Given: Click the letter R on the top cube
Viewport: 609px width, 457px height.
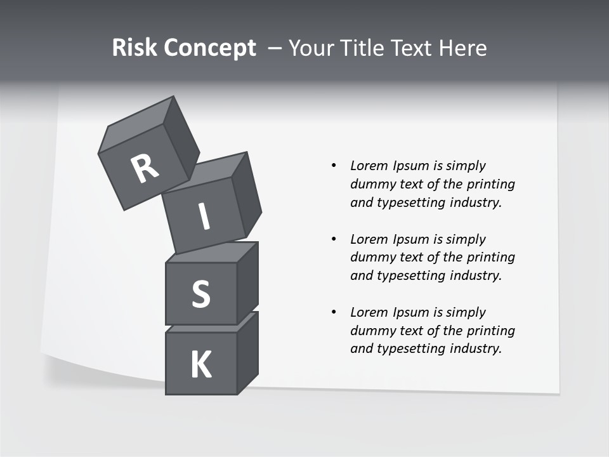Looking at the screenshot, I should pyautogui.click(x=145, y=169).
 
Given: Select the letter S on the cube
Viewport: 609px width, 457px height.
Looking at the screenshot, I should pyautogui.click(x=200, y=294).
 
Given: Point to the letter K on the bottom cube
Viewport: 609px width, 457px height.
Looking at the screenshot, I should pyautogui.click(x=200, y=365).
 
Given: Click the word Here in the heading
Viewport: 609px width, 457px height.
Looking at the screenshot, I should pyautogui.click(x=462, y=48).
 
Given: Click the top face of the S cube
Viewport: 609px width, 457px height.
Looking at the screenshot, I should pyautogui.click(x=211, y=253).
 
